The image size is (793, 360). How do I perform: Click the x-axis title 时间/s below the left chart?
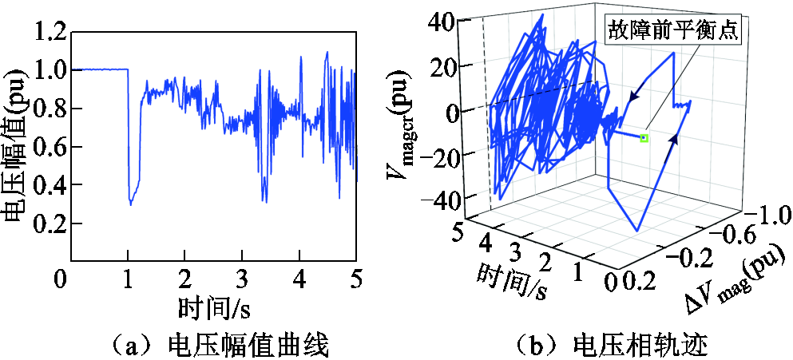216,307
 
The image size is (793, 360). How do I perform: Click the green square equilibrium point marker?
644,138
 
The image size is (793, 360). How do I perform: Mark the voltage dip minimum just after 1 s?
131,204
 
